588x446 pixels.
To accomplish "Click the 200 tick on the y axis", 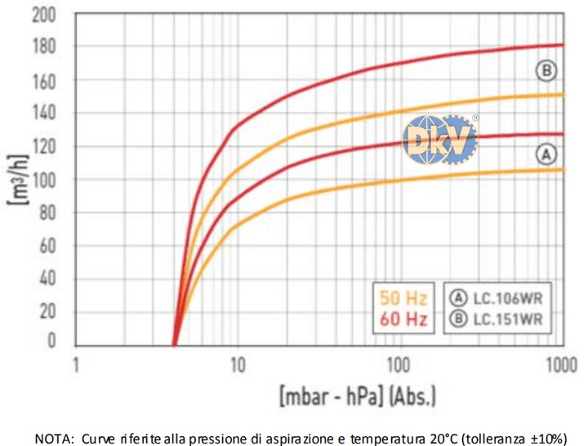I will tap(45, 14).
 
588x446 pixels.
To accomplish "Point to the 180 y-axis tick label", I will tap(45, 47).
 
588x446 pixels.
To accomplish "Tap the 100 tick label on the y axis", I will tap(45, 179).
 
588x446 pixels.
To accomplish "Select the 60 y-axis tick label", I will tap(48, 245).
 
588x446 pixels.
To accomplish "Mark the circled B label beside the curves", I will tap(546, 71).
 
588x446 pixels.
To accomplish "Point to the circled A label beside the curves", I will tap(546, 153).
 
